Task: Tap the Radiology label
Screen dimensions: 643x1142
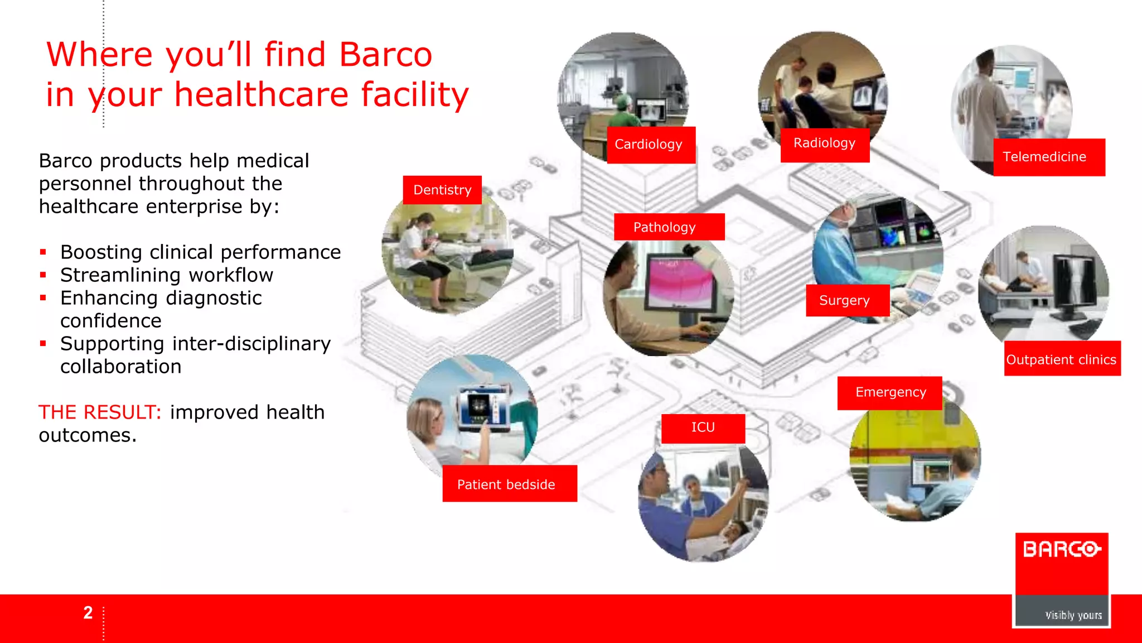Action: pyautogui.click(x=824, y=143)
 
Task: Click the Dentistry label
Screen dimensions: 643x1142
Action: pyautogui.click(x=442, y=190)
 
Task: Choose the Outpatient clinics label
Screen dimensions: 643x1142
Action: pyautogui.click(x=1061, y=359)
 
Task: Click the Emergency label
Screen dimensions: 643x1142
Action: pyautogui.click(x=890, y=392)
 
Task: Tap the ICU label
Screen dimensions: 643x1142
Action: pyautogui.click(x=703, y=428)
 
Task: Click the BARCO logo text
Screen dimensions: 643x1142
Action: pyautogui.click(x=1062, y=549)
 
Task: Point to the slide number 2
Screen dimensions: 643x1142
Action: pyautogui.click(x=88, y=613)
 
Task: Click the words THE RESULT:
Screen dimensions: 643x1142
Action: pyautogui.click(x=100, y=412)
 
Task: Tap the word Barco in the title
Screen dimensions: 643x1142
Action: pyautogui.click(x=385, y=55)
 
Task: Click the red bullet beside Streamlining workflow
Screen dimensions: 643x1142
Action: pyautogui.click(x=43, y=275)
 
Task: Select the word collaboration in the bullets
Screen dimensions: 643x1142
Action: pyautogui.click(x=121, y=367)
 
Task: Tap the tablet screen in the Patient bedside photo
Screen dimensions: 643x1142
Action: pyautogui.click(x=482, y=407)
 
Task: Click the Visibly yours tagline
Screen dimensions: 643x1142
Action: pyautogui.click(x=1073, y=615)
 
